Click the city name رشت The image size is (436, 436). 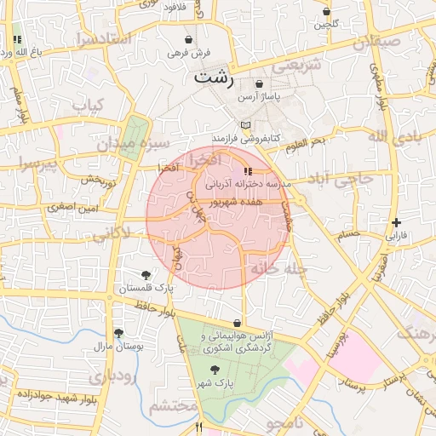point(213,77)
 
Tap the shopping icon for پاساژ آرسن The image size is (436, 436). point(259,84)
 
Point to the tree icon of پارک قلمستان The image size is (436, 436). point(146,274)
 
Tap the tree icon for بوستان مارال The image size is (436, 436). point(118,333)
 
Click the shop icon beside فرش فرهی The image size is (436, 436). point(188,39)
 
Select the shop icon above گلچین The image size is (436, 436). point(328,11)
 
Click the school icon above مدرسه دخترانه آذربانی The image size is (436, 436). point(248,171)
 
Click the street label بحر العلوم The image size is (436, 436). point(305,141)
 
